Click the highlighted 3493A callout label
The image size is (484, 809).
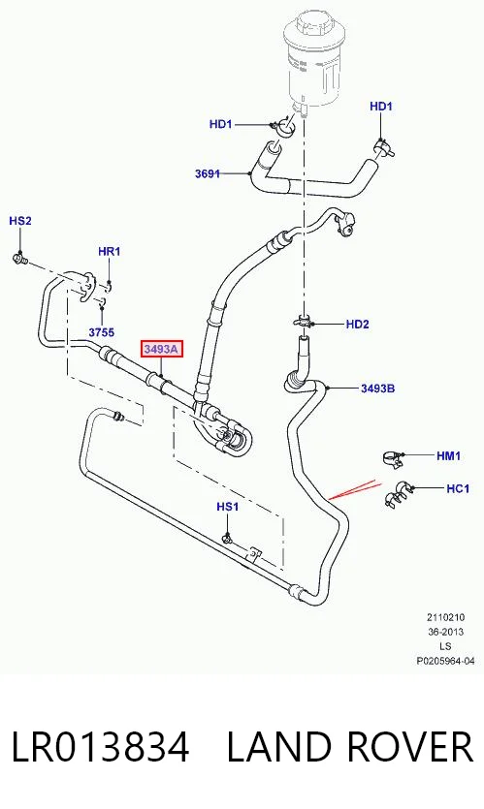coord(161,350)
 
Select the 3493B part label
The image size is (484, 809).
coord(377,388)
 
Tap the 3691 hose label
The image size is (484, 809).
coord(208,173)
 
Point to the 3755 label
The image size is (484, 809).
coord(101,332)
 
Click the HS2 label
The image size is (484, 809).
coord(20,221)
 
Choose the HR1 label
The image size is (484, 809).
coord(109,251)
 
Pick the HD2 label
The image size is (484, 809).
coord(358,324)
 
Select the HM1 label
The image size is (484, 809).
coord(448,455)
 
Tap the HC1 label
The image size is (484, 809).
coord(458,487)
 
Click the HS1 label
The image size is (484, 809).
coord(227,507)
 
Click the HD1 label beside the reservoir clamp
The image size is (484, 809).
coord(220,124)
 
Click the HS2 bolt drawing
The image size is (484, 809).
coord(20,258)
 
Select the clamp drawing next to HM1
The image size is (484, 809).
coord(394,458)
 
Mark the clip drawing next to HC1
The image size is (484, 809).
coord(399,494)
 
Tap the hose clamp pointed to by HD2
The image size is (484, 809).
coord(305,322)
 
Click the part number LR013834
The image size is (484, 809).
coord(100,747)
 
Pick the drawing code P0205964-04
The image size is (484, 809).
coord(445,661)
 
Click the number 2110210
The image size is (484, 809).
coord(445,617)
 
